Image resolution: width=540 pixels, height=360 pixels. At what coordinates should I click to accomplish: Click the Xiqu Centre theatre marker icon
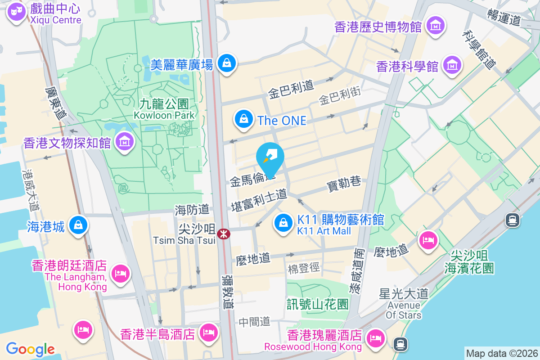tap(17, 13)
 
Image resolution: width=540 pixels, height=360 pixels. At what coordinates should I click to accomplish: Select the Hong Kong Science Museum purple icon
tap(452, 66)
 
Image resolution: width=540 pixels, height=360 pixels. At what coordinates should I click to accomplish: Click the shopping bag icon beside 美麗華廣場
tap(227, 63)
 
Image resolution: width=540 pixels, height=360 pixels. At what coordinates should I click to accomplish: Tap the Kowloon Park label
tap(164, 109)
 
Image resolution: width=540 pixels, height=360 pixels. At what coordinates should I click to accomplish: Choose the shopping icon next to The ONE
tap(243, 120)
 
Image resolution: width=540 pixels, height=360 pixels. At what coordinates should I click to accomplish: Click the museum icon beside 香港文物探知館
tap(125, 143)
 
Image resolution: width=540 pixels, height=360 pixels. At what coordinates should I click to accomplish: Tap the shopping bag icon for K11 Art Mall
tap(283, 223)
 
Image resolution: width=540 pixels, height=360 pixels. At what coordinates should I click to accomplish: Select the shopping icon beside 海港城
tap(79, 225)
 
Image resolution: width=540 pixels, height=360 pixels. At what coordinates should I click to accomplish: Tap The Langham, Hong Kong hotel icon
tap(120, 273)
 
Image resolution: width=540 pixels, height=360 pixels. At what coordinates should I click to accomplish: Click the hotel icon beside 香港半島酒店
tap(208, 333)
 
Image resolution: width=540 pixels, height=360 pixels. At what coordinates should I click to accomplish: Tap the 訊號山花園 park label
tap(318, 304)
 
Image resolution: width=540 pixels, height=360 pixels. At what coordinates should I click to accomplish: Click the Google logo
tap(30, 349)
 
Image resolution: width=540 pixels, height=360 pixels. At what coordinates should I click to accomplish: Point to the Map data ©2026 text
tap(501, 354)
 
